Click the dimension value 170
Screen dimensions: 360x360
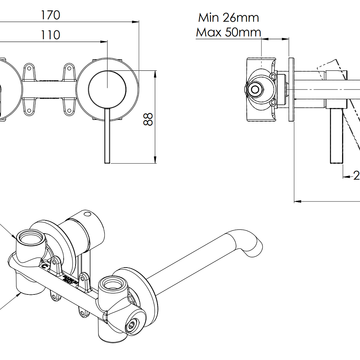click(50, 15)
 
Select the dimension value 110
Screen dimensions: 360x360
click(50, 35)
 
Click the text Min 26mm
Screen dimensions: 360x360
click(228, 18)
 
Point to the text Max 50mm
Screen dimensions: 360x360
click(228, 32)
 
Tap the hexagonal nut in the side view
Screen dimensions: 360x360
click(255, 89)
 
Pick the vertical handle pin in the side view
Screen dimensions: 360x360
click(336, 136)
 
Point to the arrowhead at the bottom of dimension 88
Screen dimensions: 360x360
click(155, 160)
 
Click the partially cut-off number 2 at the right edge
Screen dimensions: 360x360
click(356, 175)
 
